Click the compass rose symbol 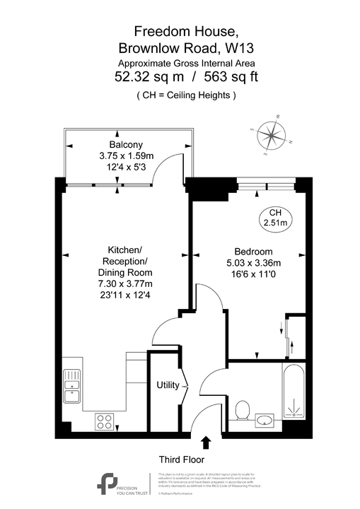click(271, 134)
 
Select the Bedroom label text click(252, 252)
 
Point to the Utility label click(168, 385)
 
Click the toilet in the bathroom click(242, 410)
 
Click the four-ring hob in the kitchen click(105, 421)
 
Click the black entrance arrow click(206, 443)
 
